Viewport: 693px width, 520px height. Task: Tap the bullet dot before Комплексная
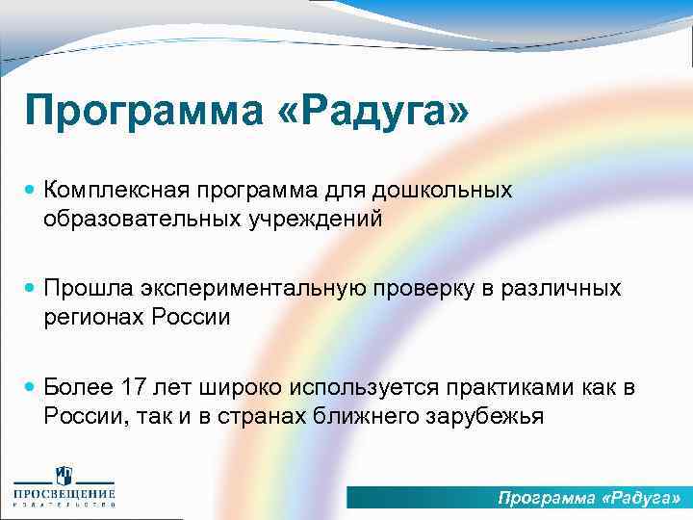30,191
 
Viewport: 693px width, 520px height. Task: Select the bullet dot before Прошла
30,289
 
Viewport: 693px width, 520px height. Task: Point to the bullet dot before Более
30,387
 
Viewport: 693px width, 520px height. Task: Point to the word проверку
437,288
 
